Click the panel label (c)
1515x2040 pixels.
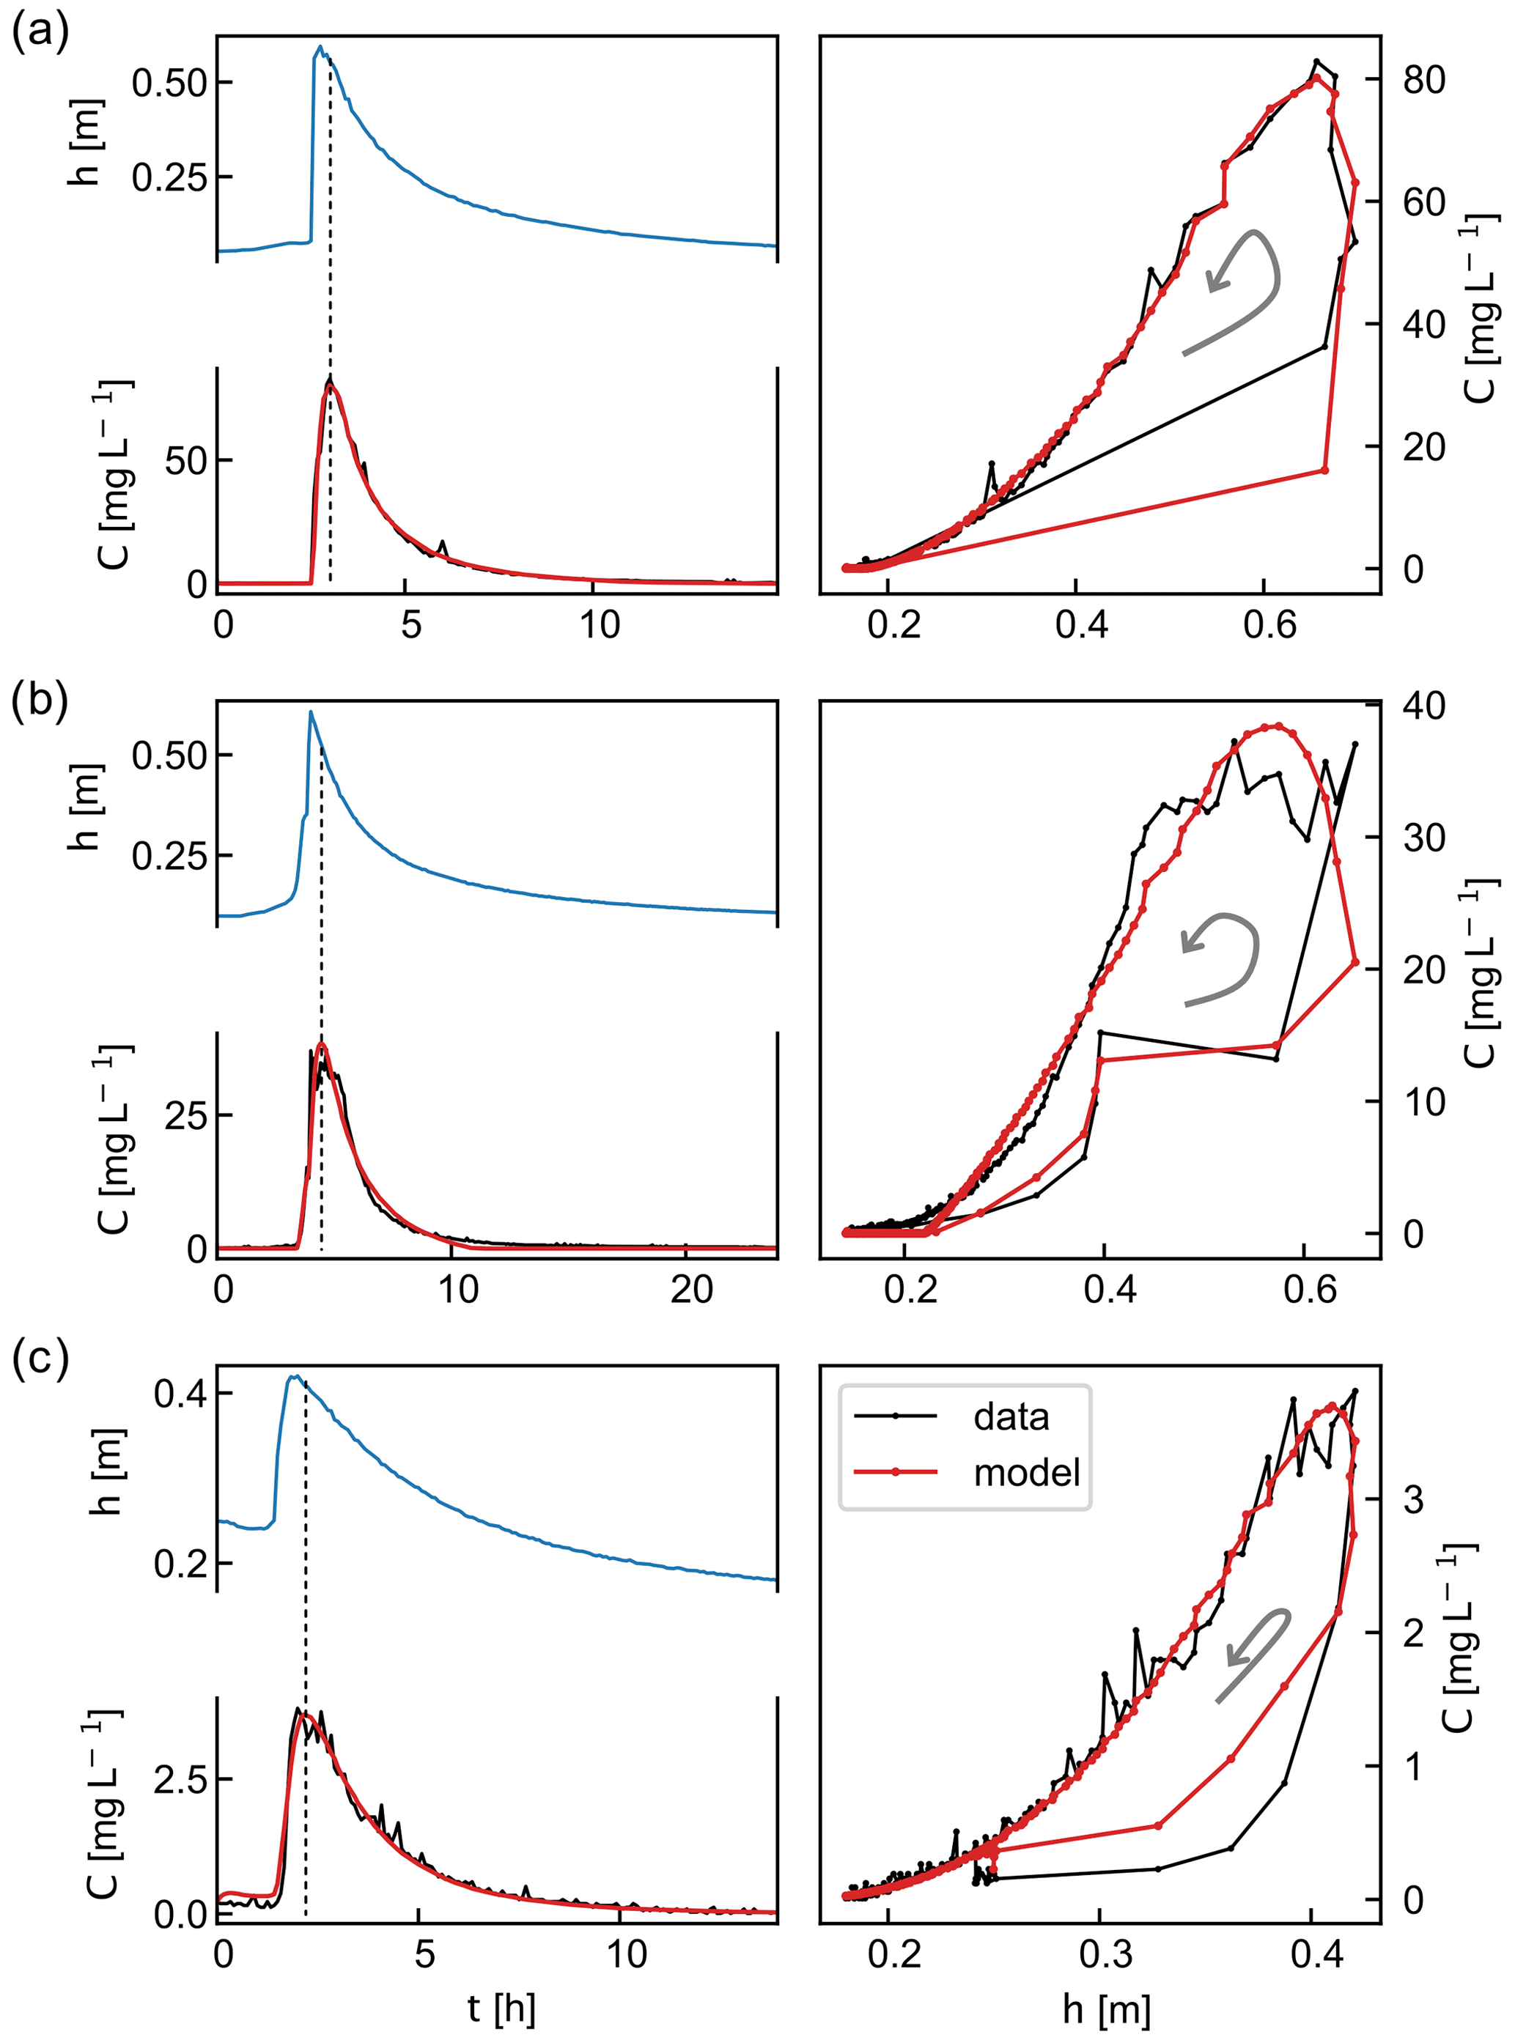(40, 1360)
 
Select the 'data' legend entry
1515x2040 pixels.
(1011, 1416)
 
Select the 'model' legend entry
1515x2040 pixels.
(1025, 1472)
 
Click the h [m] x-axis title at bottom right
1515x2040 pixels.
(1106, 2008)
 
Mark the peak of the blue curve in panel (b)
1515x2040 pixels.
(311, 712)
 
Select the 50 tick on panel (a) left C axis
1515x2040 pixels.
(185, 461)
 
